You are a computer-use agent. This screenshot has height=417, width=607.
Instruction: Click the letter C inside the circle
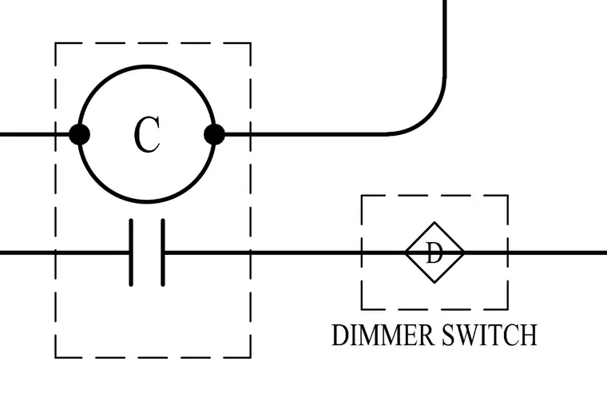coord(147,134)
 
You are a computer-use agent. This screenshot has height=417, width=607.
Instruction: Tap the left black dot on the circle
coord(79,134)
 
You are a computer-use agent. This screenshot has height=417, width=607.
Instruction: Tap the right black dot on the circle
coord(215,134)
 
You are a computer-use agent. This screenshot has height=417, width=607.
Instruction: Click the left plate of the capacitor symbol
coord(131,252)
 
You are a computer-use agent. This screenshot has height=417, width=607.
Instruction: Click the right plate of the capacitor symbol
coord(163,252)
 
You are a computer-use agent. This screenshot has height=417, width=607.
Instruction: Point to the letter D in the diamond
coord(434,252)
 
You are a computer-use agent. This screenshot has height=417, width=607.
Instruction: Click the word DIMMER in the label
coord(383,335)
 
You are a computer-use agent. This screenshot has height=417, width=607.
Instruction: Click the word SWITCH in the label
coord(490,335)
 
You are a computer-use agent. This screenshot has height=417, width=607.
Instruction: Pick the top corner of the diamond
coord(434,222)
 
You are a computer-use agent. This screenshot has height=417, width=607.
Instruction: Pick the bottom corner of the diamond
coord(434,283)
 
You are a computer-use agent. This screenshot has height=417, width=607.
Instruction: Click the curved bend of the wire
coord(429,117)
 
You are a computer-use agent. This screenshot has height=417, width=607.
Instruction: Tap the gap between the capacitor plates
coord(147,252)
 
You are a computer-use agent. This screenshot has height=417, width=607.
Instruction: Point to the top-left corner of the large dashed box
coord(56,43)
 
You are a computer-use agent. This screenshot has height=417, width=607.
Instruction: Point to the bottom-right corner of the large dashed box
coord(251,357)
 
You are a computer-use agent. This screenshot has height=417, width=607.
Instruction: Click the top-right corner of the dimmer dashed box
coord(507,196)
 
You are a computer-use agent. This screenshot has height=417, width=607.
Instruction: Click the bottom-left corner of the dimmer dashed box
coord(362,309)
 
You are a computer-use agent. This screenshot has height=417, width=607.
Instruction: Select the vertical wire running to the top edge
coord(445,38)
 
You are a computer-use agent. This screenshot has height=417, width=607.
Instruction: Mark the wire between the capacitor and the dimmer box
coord(264,252)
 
